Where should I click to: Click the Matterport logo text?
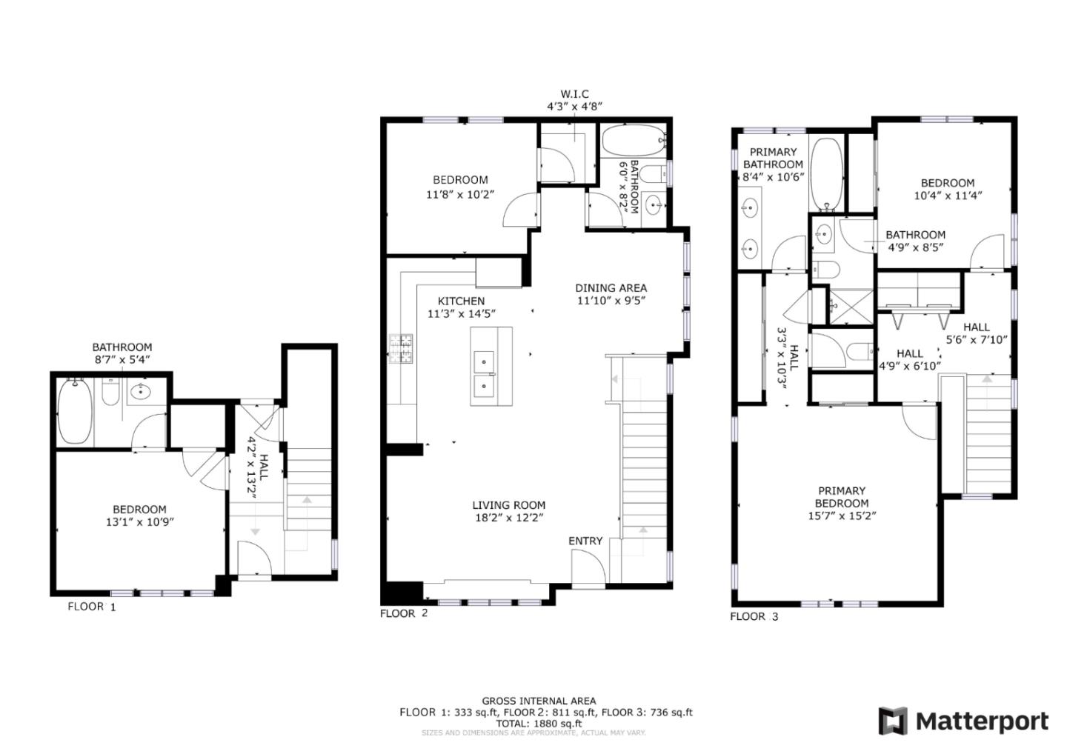982,721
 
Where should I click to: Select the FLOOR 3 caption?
754,616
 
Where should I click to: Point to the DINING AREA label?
611,287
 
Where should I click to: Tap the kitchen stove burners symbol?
400,350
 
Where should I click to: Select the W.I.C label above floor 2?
574,94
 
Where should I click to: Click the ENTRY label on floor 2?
585,541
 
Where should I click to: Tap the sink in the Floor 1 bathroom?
141,391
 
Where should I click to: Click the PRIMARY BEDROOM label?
841,496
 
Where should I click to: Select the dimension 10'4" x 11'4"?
947,196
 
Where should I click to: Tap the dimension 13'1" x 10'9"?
139,521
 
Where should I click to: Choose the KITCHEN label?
461,301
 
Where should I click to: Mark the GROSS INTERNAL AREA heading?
538,701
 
